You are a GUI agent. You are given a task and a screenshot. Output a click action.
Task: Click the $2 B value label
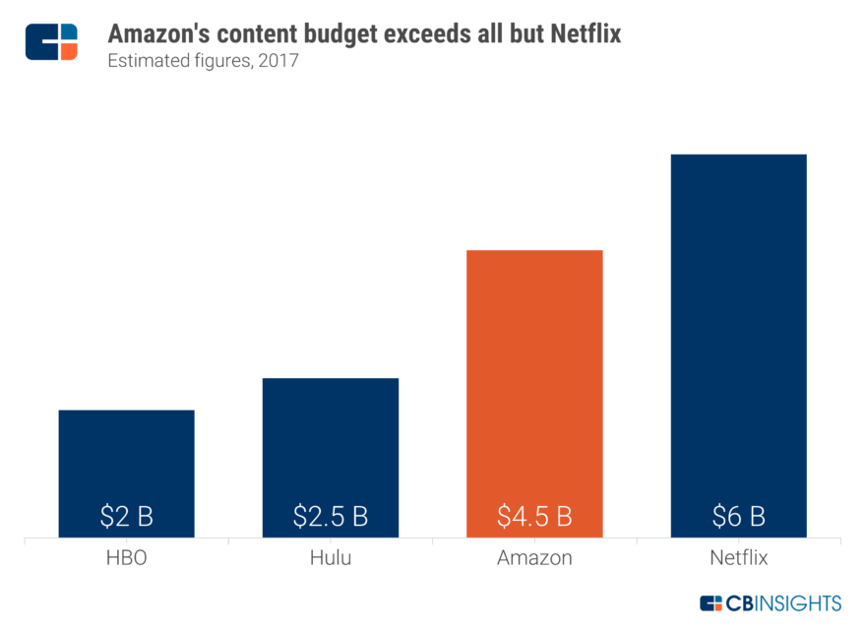click(126, 515)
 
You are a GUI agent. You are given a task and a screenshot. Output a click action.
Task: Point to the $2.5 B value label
click(331, 515)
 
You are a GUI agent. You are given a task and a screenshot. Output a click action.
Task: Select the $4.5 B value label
click(534, 515)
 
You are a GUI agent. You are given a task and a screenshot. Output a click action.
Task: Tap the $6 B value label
click(738, 515)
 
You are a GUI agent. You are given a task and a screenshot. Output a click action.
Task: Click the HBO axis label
click(126, 559)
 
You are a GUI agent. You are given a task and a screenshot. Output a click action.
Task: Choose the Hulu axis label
click(331, 559)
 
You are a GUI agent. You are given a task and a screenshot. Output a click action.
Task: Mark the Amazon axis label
click(534, 559)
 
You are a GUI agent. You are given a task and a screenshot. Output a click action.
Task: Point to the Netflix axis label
click(738, 559)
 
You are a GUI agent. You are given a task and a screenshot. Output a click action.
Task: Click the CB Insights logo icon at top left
click(51, 40)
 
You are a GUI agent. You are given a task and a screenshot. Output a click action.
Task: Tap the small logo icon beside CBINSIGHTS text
click(711, 602)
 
